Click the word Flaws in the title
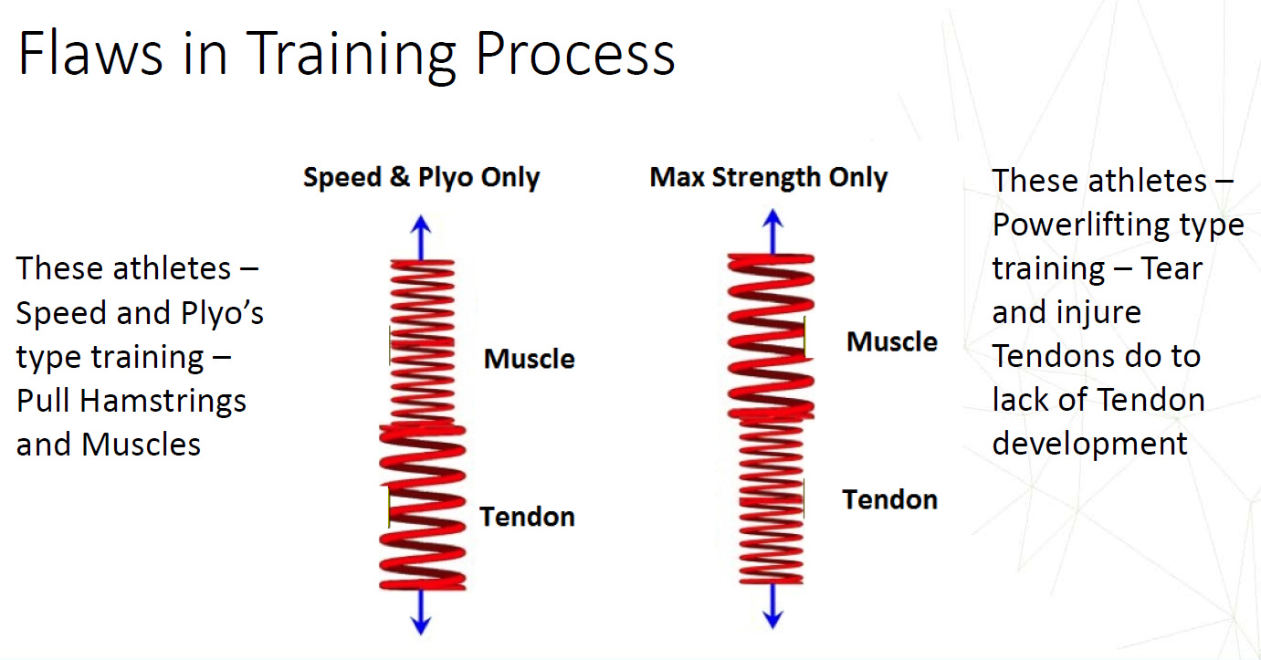coord(90,53)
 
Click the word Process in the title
coord(574,53)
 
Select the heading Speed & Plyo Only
coord(421,177)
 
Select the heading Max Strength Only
coord(769,177)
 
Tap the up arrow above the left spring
coord(421,236)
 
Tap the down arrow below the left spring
coord(421,613)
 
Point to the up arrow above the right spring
coord(772,232)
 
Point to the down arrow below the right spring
coord(772,606)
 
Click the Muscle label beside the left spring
coord(530,359)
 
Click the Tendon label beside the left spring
coord(527,517)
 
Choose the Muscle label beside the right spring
coord(892,341)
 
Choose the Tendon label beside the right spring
coord(890,499)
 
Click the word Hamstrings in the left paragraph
coord(163,402)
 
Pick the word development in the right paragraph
coord(1090,445)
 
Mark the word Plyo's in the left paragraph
coord(223,314)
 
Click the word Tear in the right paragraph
coord(1172,268)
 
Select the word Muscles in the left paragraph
coord(141,445)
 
